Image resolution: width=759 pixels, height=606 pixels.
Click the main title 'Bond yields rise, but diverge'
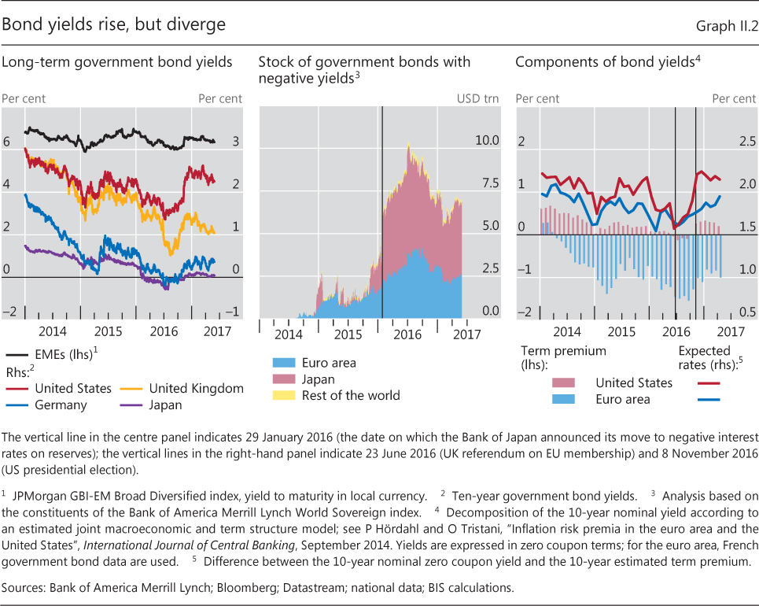tap(114, 25)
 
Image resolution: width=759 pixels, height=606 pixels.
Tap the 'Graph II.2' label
tap(726, 27)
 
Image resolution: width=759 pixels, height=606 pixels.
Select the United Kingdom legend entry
tap(195, 388)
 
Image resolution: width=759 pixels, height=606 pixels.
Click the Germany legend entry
tap(61, 405)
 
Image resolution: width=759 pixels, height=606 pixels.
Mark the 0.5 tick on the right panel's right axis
tap(744, 312)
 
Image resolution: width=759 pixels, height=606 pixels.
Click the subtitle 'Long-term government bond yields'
tap(117, 62)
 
